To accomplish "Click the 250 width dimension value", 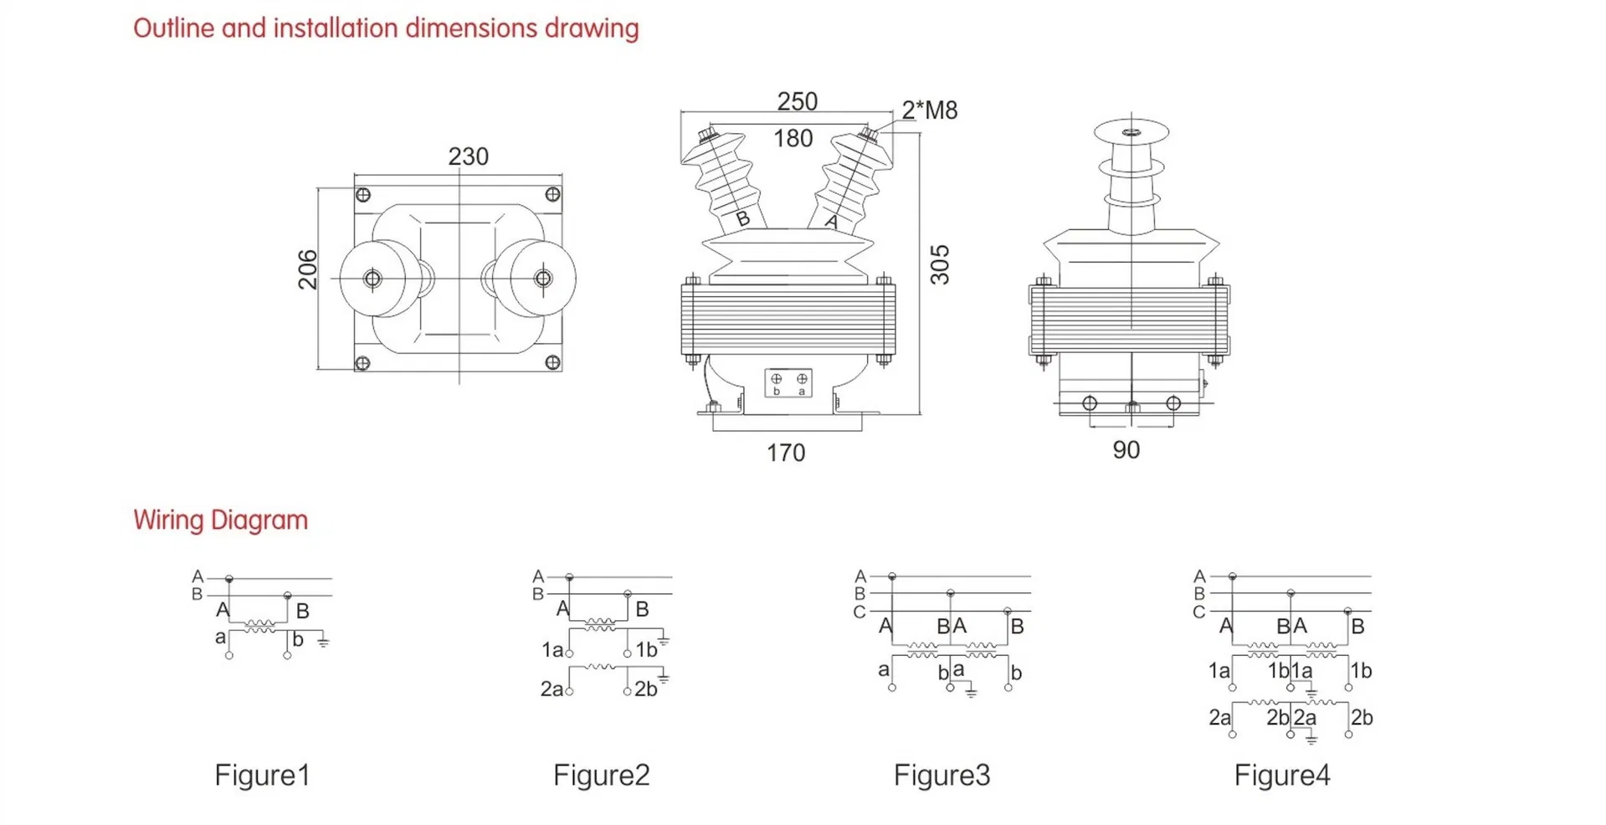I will click(x=796, y=101).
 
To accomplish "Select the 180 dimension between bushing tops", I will click(x=793, y=138).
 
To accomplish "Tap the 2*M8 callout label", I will click(x=929, y=110).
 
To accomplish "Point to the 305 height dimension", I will click(x=940, y=264).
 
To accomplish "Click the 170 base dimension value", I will click(x=785, y=453).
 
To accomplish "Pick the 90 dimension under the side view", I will click(x=1126, y=450).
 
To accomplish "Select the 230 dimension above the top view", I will click(x=468, y=156).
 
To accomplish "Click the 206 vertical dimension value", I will click(x=308, y=269).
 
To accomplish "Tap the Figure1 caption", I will click(x=262, y=775).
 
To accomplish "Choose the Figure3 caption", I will click(x=942, y=775).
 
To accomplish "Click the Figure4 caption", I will click(x=1281, y=775).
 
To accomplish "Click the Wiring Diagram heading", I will click(x=220, y=520).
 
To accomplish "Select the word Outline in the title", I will click(x=174, y=28).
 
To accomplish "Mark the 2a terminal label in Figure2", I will click(x=551, y=689).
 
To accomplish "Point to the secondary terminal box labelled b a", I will click(x=788, y=383).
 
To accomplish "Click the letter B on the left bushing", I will click(x=742, y=220).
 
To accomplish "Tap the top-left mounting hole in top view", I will click(x=363, y=195).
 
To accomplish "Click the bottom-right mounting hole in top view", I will click(x=552, y=362).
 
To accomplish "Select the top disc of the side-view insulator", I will click(x=1131, y=131).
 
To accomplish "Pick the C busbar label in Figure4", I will click(x=1198, y=612).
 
